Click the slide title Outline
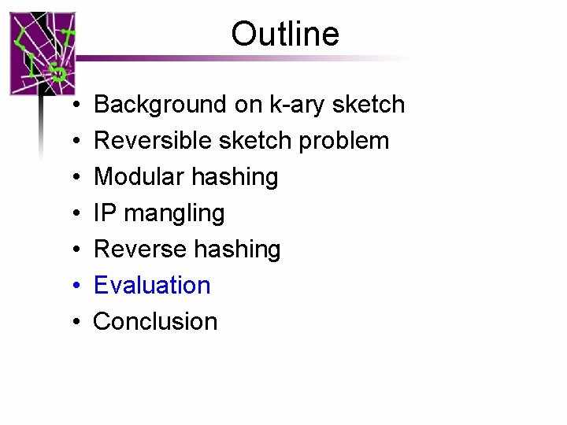tap(285, 34)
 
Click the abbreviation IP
tap(103, 213)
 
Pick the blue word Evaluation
tap(152, 285)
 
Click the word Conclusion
tap(155, 321)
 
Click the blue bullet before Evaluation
tap(72, 286)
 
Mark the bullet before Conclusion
tap(72, 322)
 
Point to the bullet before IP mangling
tap(72, 214)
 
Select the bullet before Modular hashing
tap(72, 178)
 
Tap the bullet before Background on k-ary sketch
tap(72, 105)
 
